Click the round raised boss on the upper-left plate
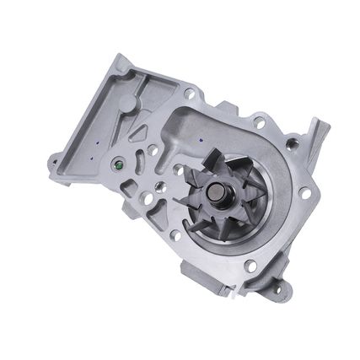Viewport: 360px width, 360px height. [126, 103]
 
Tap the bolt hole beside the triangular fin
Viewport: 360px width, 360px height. [292, 144]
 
